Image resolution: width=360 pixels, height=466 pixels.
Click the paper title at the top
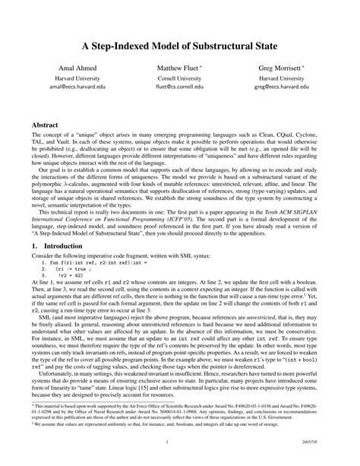click(x=180, y=46)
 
